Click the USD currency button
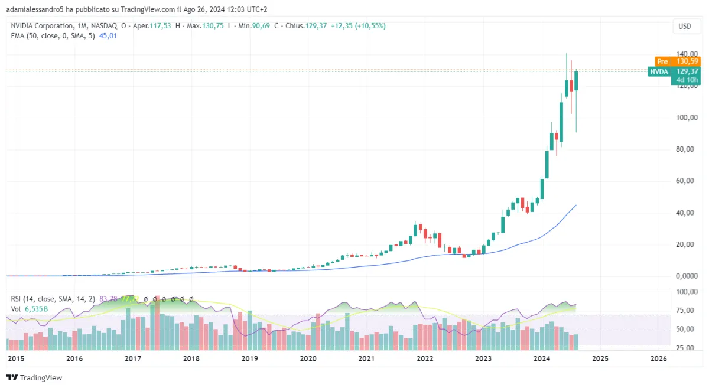(x=685, y=26)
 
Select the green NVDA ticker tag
(x=659, y=71)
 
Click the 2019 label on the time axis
(x=250, y=358)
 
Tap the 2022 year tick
(x=425, y=358)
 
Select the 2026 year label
(x=658, y=358)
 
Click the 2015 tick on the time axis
(x=16, y=358)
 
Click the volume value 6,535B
(x=36, y=308)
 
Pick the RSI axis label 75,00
(x=685, y=311)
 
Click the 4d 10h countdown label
(x=687, y=80)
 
